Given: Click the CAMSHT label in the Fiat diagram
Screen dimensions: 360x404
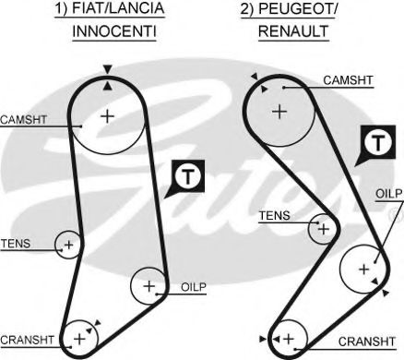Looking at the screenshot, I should coord(22,119).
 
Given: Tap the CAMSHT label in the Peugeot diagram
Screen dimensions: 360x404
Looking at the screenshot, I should coord(349,81).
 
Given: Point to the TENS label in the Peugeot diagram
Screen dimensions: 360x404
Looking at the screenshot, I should coord(274,215).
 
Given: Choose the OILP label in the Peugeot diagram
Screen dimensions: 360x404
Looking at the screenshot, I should coord(387,194).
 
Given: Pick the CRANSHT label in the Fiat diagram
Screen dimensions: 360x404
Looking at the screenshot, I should coord(28,339).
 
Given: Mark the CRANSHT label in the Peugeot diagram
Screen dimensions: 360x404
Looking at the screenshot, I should coord(366,341).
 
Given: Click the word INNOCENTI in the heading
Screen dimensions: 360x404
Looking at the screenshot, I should coord(114,30).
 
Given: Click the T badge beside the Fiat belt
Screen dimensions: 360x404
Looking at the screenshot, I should coord(186,175).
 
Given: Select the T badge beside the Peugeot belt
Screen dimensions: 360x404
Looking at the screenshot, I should coord(375,143).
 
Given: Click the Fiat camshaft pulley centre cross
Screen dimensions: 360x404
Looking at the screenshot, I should coord(107,115).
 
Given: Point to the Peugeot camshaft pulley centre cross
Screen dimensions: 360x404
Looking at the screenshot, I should coord(279,111).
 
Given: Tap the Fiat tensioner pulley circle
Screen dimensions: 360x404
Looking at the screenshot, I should coord(67,245).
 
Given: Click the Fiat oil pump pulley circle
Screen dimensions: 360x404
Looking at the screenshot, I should coord(148,285).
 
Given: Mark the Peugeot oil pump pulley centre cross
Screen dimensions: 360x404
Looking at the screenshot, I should coord(363,269).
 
